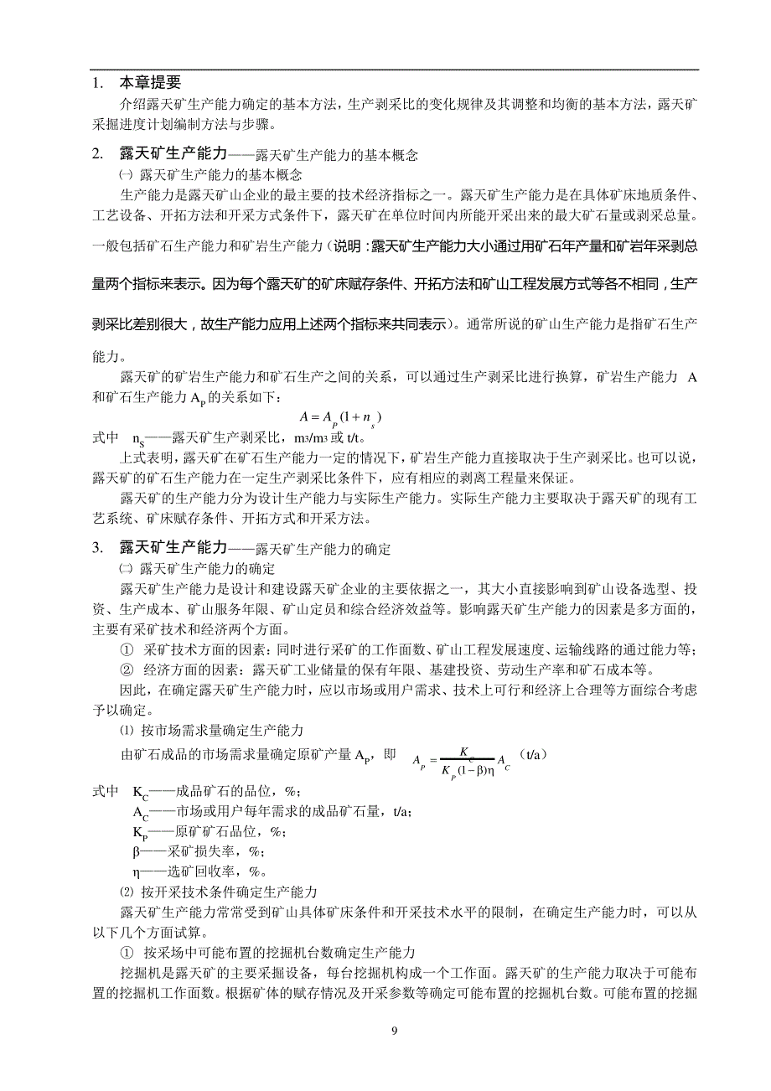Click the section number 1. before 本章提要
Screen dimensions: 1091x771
[97, 83]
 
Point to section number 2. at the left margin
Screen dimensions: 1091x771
[97, 154]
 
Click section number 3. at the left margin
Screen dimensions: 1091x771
[97, 548]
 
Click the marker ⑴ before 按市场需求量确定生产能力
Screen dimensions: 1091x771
[127, 731]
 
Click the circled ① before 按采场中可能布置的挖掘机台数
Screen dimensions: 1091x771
[127, 953]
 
